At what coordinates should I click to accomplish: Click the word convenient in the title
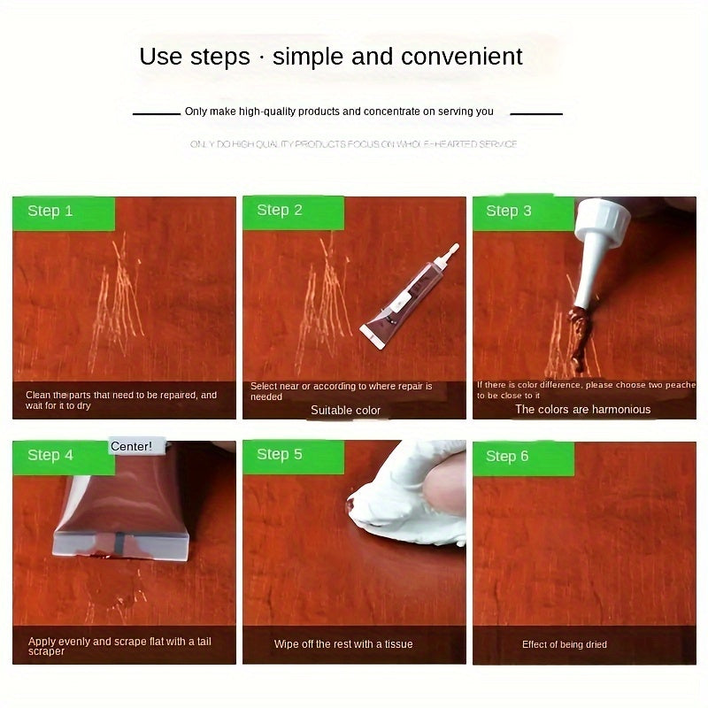[x=462, y=58]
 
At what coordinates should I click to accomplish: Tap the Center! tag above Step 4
[x=131, y=446]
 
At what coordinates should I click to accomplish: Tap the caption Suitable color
[x=345, y=411]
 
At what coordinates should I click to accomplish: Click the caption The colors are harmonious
[x=582, y=410]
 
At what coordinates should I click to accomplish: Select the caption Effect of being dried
[x=564, y=644]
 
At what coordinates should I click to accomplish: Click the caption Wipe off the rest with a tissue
[x=343, y=644]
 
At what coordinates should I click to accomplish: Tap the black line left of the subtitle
[x=156, y=114]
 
